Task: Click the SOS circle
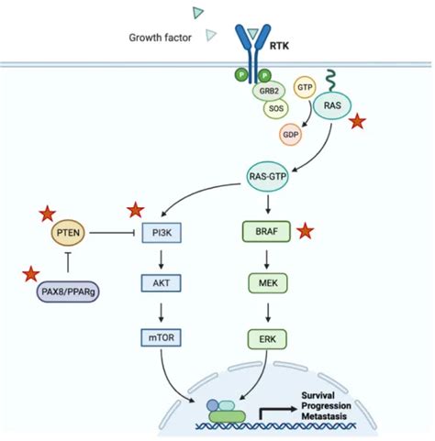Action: (x=273, y=109)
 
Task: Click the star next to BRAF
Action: (x=306, y=231)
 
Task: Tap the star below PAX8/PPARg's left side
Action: (x=30, y=272)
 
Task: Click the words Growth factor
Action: (x=160, y=38)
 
